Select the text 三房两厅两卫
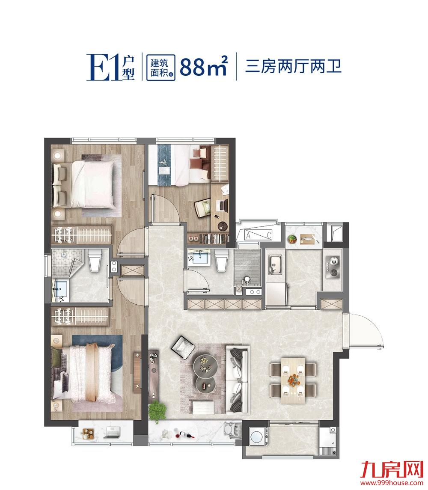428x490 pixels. click(293, 67)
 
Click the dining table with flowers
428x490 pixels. click(293, 379)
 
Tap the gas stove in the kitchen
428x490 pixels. click(333, 264)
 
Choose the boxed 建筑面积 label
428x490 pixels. click(160, 67)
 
